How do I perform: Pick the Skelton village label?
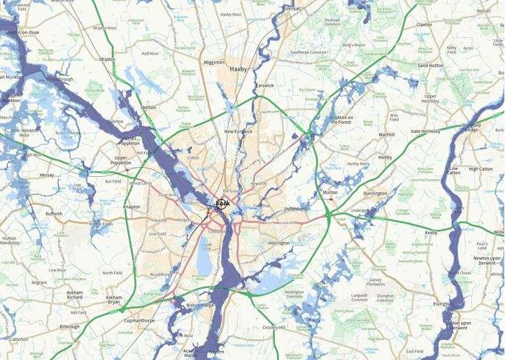tap(148, 108)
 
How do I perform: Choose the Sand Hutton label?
tap(432, 65)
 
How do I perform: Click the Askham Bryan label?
tap(113, 301)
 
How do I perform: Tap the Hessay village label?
tap(47, 175)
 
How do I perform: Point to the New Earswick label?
tap(239, 132)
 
